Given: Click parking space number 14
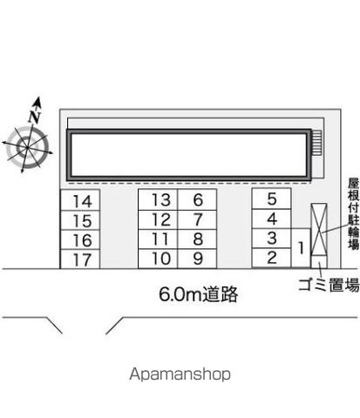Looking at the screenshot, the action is (x=80, y=200).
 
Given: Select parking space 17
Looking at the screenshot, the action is (x=80, y=259).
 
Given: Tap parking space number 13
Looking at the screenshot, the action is (x=158, y=199).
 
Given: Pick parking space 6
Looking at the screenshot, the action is (x=197, y=199).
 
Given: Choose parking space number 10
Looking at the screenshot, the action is (x=158, y=259).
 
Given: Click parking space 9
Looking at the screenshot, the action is (x=197, y=259).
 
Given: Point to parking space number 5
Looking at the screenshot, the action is (x=271, y=199).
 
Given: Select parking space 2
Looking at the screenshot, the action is (x=271, y=258).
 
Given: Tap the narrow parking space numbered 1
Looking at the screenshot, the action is (x=301, y=247).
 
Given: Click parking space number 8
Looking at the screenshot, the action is (x=197, y=239).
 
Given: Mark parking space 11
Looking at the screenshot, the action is (x=158, y=239).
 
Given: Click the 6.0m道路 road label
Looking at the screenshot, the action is (x=199, y=294).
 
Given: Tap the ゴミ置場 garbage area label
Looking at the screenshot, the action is (x=329, y=285).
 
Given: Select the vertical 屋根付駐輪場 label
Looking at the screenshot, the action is (x=354, y=214).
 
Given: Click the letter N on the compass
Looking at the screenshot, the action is (x=35, y=117).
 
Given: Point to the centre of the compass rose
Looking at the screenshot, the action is (x=27, y=148).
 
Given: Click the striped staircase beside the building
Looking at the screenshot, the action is (x=316, y=142).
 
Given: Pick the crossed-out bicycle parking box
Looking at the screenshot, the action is (x=319, y=229).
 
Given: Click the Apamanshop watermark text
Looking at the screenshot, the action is (x=180, y=374).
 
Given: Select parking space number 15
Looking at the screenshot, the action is (x=80, y=220).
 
